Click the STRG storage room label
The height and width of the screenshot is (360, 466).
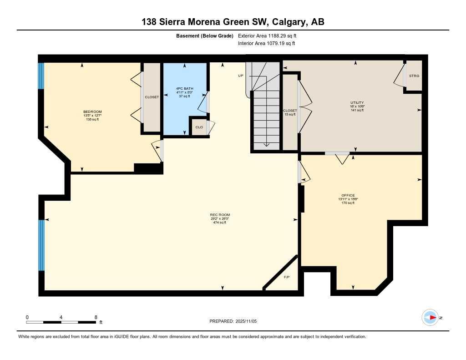pos(414,76)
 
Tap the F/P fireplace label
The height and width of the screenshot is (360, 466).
pos(286,277)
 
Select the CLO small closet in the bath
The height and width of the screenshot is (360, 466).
pos(199,127)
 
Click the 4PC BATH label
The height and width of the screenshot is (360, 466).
pos(185,88)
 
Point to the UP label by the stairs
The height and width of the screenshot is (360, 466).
pos(241,76)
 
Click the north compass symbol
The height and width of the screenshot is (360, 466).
pos(430,317)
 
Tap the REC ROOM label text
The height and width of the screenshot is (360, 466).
pos(219,215)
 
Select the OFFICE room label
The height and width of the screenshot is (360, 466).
pos(348,195)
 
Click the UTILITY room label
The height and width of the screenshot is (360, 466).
pos(357,103)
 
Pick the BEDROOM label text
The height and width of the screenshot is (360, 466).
pos(92,112)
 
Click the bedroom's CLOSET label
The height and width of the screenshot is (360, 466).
pos(152,97)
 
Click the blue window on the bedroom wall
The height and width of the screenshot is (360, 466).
pos(41,76)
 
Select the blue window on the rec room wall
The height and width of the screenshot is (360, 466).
pos(41,245)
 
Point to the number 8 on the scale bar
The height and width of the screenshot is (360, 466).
pos(96,317)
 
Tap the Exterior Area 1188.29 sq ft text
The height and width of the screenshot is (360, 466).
pos(267,35)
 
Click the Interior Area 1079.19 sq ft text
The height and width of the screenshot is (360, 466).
pos(266,44)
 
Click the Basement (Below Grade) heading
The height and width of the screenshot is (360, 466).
pos(204,35)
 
